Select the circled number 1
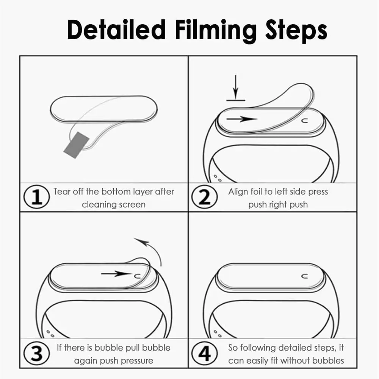38,198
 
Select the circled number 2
205,198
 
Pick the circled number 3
38,354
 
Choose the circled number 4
205,354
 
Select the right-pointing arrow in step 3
115,273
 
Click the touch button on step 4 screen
304,276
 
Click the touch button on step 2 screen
304,121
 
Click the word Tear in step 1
62,191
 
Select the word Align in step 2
238,191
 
